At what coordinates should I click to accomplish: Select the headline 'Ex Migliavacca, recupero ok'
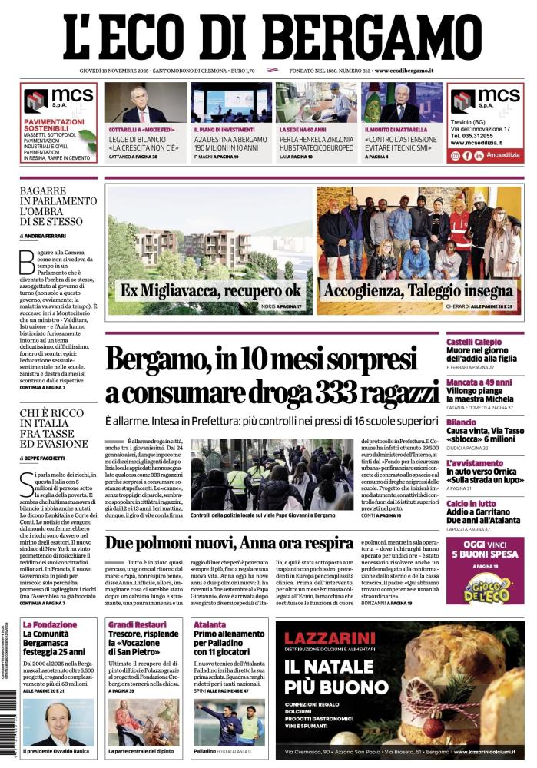[210, 291]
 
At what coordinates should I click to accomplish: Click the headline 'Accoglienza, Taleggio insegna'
[418, 291]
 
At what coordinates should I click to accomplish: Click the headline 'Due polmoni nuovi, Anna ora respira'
[229, 543]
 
